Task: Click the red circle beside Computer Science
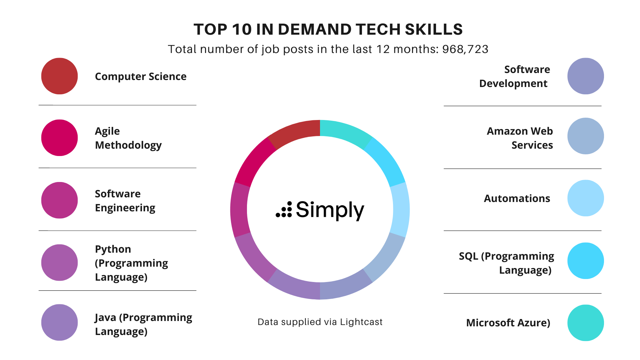(59, 76)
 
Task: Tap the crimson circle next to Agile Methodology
(59, 138)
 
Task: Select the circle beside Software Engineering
(59, 200)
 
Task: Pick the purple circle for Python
(59, 263)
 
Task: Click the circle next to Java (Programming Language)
(59, 322)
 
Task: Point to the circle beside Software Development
(585, 76)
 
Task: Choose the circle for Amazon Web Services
(585, 136)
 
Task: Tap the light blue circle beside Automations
(585, 198)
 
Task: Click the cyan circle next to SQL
(585, 261)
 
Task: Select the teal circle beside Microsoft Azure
(585, 323)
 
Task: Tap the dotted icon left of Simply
(284, 210)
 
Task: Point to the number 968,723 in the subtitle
(465, 49)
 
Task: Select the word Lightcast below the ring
(361, 322)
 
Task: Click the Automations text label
(517, 198)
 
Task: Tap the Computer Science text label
(141, 76)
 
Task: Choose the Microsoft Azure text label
(508, 323)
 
